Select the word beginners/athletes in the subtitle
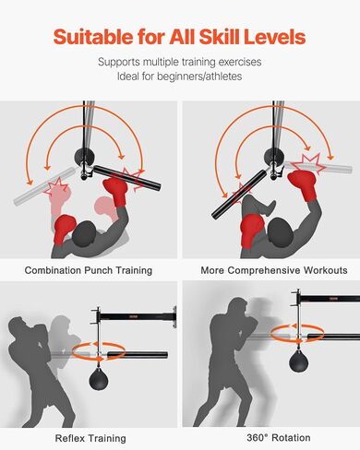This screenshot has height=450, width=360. click(199, 76)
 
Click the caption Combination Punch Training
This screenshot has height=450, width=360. click(89, 270)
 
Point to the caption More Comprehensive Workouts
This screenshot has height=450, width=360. click(274, 270)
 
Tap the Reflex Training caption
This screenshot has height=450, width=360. click(90, 438)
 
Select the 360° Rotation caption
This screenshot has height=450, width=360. click(279, 437)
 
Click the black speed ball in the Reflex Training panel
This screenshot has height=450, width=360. click(99, 379)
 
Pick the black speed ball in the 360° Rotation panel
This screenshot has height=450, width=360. click(299, 360)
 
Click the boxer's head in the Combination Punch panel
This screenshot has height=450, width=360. click(84, 233)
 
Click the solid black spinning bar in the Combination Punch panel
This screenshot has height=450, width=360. click(126, 177)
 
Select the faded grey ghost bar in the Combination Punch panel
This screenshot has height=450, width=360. click(45, 186)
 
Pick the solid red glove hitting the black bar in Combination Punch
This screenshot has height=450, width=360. click(116, 191)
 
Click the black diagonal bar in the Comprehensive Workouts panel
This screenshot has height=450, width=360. click(239, 195)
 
